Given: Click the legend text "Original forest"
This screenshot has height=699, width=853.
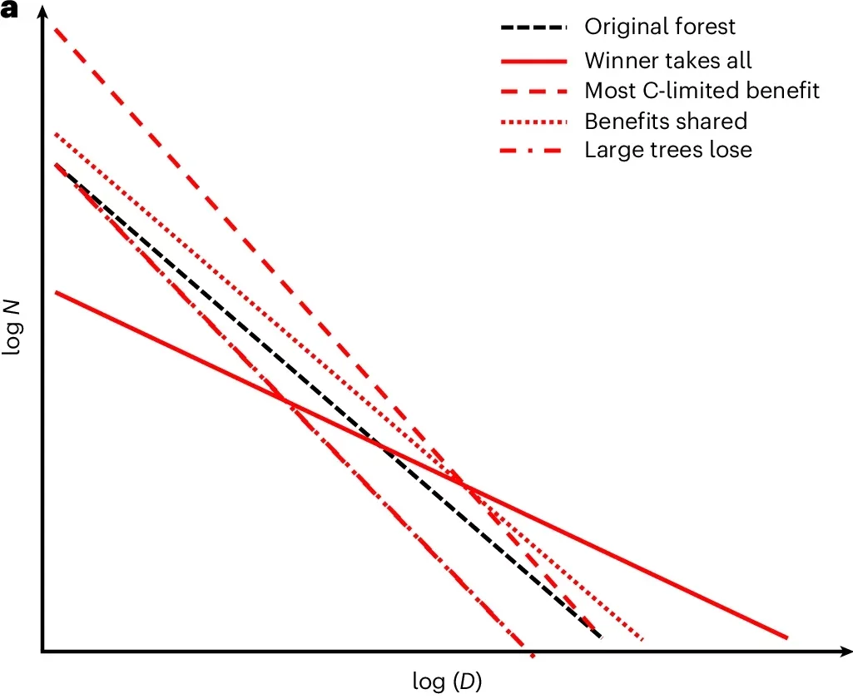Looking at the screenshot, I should (x=660, y=27).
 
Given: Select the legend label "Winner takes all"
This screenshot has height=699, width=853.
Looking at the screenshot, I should (x=668, y=61).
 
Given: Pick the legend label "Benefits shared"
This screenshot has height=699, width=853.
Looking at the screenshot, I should (x=666, y=121).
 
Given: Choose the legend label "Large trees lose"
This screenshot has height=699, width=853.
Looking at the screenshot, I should (x=668, y=151).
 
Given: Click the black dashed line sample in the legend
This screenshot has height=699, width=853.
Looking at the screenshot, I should (x=533, y=27).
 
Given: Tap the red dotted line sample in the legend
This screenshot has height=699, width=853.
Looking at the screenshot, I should (x=533, y=121).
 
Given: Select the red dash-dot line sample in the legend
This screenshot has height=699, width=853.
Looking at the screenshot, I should (x=533, y=151).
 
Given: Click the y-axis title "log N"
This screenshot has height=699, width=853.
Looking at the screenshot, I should (x=12, y=329).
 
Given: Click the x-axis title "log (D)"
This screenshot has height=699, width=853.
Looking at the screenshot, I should (x=447, y=682).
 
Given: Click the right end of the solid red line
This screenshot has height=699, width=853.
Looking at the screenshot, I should (x=786, y=638).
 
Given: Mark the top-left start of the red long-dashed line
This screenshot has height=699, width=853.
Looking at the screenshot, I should (x=56, y=29).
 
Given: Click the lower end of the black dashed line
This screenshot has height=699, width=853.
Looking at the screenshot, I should (x=600, y=638).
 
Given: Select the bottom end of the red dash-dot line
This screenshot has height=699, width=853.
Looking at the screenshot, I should (x=531, y=656).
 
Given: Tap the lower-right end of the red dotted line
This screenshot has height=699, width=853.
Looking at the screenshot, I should (x=642, y=640).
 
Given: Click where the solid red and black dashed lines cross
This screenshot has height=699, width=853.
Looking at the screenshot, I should (x=384, y=449).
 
